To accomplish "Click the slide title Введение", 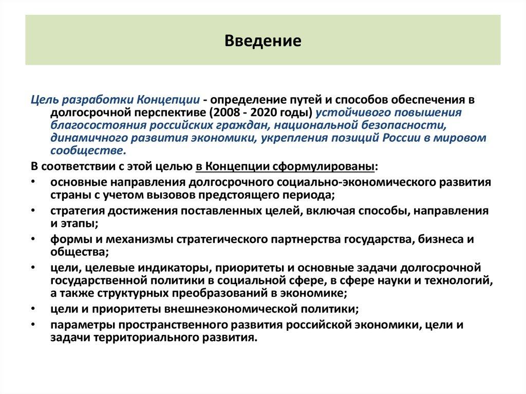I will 262,41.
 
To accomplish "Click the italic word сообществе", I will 87,151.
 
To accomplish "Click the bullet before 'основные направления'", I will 33,182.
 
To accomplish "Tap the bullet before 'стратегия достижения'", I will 33,211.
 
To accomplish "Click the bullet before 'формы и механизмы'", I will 33,240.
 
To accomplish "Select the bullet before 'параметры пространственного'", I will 33,325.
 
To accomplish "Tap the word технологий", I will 464,280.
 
